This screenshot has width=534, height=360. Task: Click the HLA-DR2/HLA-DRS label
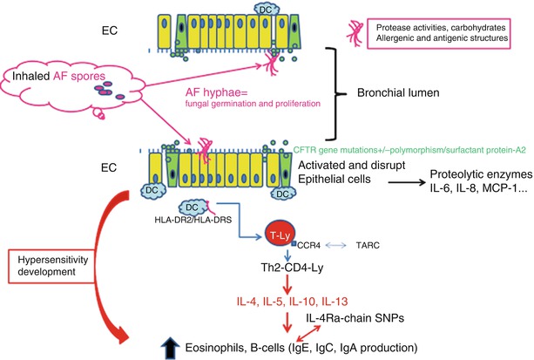pyautogui.click(x=190, y=221)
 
